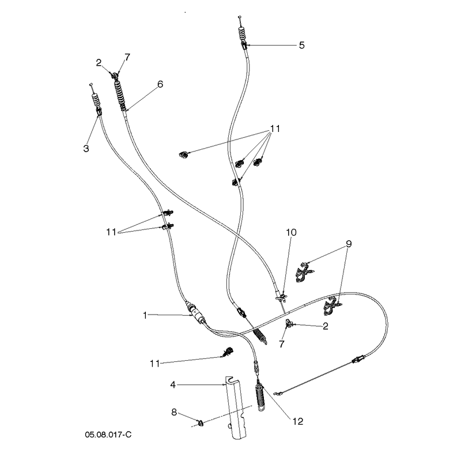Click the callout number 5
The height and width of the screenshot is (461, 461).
[301, 46]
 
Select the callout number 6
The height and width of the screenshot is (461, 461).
[160, 84]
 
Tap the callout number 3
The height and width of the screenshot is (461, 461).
[86, 149]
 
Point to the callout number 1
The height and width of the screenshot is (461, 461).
[145, 315]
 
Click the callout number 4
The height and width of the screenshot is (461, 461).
[173, 384]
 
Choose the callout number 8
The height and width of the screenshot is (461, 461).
[174, 412]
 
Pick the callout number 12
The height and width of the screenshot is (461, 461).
[297, 421]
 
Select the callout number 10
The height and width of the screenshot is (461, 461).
[291, 232]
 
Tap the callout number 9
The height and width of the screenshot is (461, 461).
[349, 244]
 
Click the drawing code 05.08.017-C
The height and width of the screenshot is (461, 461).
[108, 434]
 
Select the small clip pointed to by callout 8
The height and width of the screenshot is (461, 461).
[201, 423]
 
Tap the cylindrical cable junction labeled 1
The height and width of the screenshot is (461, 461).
[195, 313]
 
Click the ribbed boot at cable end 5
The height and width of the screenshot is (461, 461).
[241, 35]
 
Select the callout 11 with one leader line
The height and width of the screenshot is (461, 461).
[154, 364]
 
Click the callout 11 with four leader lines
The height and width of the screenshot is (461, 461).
[275, 129]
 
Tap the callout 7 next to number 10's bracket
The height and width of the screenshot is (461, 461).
[282, 344]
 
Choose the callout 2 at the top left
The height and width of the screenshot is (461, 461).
[99, 63]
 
